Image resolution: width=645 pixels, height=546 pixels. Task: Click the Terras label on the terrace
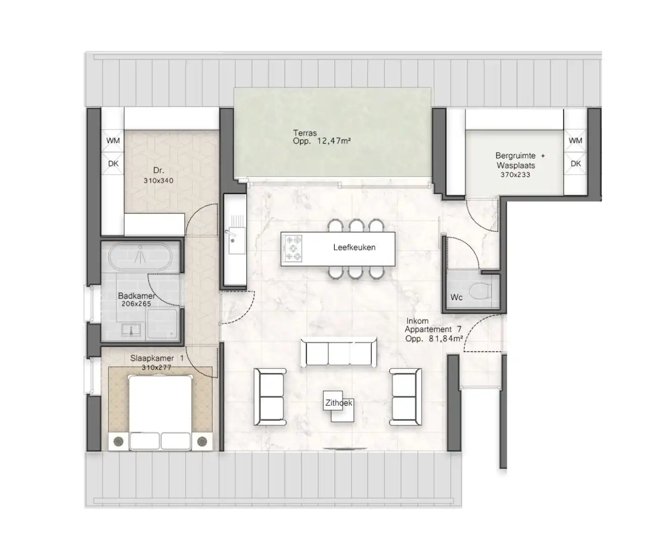coord(305,133)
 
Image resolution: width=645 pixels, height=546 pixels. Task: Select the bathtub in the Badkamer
coord(141,257)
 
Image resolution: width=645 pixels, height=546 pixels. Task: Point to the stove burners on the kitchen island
coord(293,249)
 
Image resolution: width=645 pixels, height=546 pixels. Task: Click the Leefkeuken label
coord(354,247)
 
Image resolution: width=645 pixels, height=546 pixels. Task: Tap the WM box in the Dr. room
coord(113,141)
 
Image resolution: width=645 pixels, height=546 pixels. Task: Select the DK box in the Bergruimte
coord(576,164)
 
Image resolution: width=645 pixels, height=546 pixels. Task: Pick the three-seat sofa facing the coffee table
coord(339,352)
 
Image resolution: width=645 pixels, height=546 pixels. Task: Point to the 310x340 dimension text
coord(158,180)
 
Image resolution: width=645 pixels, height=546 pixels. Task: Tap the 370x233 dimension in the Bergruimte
coord(515,175)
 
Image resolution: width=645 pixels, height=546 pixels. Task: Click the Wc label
coord(456,297)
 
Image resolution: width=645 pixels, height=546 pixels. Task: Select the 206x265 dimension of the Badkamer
coord(136,304)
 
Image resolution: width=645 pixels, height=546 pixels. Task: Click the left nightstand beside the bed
coord(119,441)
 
